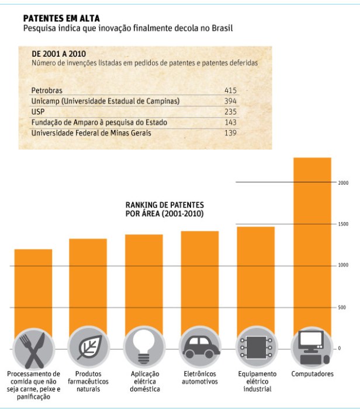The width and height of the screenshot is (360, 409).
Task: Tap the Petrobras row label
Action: pyautogui.click(x=47, y=91)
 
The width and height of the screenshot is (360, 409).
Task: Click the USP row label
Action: pyautogui.click(x=38, y=112)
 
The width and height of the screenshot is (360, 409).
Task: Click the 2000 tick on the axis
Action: pyautogui.click(x=343, y=183)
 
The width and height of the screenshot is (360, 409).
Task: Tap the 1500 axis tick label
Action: pyautogui.click(x=343, y=224)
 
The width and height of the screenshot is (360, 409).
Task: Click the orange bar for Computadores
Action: pyautogui.click(x=312, y=245)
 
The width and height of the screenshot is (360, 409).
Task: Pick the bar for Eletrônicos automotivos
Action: pyautogui.click(x=200, y=280)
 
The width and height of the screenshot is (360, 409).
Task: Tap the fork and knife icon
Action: pyautogui.click(x=32, y=348)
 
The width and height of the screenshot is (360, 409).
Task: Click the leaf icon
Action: pyautogui.click(x=88, y=348)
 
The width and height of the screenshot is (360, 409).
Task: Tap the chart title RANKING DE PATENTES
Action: pyautogui.click(x=165, y=206)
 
